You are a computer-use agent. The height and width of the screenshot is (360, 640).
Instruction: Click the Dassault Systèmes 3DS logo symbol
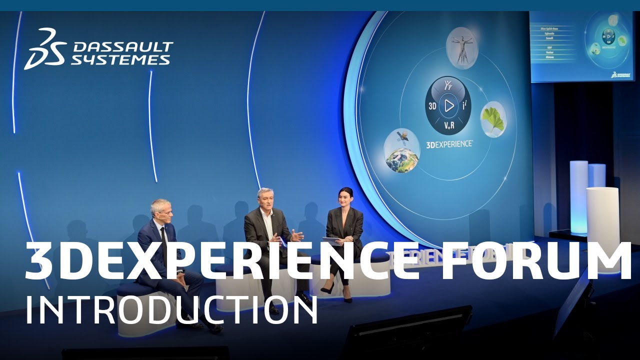[44, 48]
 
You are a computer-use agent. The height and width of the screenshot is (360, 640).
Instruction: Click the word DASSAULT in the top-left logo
[122, 47]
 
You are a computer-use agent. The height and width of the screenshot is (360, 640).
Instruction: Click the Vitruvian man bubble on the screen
[461, 48]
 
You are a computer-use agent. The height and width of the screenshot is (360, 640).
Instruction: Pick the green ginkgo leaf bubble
[493, 119]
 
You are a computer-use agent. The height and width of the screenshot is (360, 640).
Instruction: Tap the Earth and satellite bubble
[401, 150]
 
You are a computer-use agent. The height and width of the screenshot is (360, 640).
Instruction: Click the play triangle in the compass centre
[448, 105]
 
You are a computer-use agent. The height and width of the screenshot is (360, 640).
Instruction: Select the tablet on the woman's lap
[332, 240]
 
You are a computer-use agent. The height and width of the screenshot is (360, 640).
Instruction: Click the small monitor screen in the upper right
[581, 46]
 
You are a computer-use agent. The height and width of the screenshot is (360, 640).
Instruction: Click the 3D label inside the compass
[433, 106]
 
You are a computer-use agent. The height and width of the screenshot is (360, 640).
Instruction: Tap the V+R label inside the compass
[449, 126]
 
